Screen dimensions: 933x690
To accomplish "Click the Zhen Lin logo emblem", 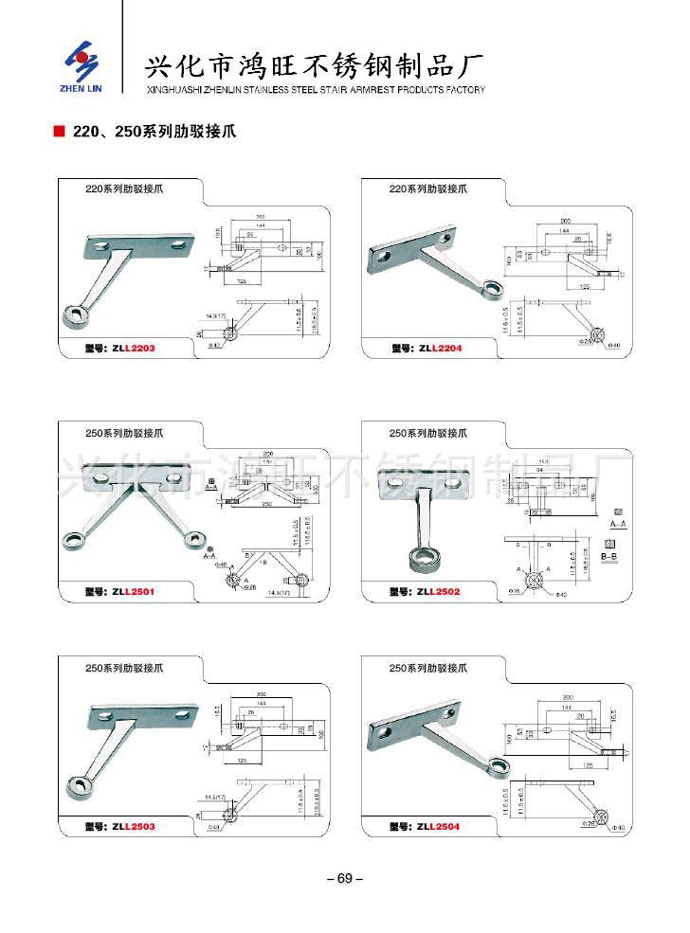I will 82,60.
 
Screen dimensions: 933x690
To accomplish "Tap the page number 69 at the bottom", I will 344,878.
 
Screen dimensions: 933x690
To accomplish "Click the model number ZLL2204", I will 437,349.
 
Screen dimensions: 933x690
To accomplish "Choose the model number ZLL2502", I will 437,591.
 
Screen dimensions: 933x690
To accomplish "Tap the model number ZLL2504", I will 437,826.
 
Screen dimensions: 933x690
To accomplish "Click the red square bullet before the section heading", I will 60,132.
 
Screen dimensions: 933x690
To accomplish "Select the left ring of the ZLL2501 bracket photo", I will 72,541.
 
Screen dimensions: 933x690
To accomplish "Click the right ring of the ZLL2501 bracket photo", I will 195,540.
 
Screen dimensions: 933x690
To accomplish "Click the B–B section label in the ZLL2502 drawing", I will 610,559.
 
